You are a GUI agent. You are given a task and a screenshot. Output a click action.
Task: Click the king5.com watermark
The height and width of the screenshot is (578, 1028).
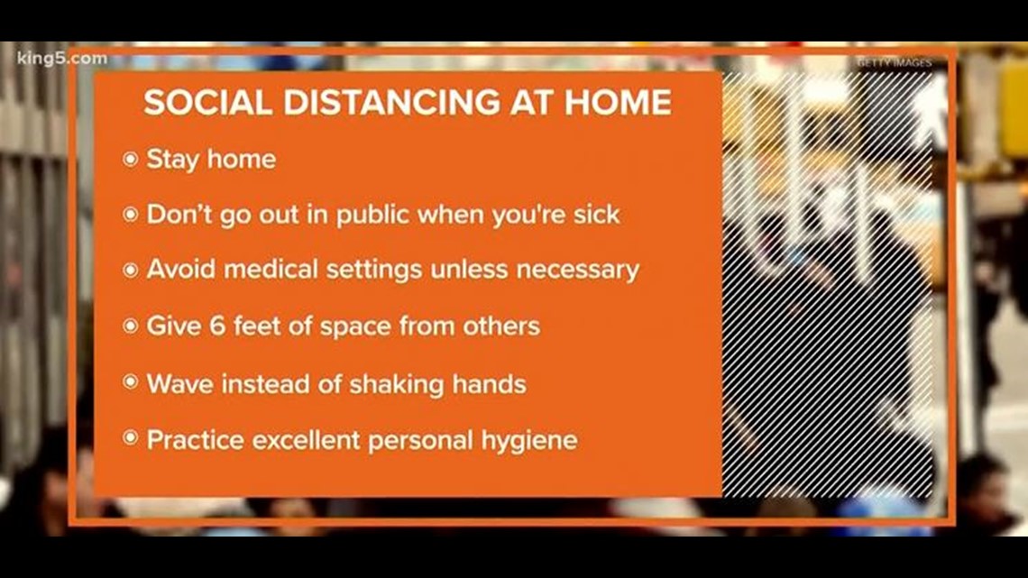(x=61, y=60)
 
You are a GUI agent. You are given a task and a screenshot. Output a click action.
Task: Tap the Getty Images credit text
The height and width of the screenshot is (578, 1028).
(x=894, y=63)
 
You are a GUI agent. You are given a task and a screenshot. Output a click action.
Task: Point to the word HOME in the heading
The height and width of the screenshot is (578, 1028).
(x=618, y=103)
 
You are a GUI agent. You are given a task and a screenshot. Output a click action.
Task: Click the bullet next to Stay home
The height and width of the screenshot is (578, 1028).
(x=131, y=160)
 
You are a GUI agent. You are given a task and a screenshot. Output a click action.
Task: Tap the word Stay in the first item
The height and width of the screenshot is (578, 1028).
(x=171, y=160)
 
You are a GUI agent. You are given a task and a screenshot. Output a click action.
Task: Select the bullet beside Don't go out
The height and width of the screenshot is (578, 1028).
(x=131, y=216)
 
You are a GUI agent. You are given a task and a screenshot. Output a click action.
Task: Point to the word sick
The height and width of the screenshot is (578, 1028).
(x=596, y=216)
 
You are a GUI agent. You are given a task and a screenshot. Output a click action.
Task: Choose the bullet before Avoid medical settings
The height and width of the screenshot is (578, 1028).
(x=131, y=270)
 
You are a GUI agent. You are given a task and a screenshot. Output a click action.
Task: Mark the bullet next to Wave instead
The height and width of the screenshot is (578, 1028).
(x=131, y=382)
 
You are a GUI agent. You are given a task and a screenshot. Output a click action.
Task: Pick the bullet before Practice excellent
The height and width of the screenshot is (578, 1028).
(x=131, y=439)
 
